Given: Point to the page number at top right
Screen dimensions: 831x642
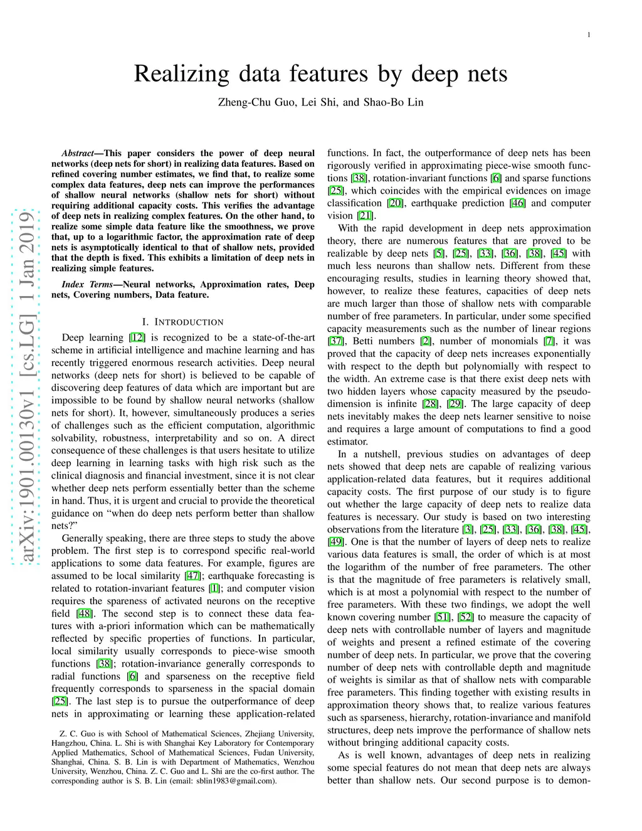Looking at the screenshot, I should click(x=589, y=34).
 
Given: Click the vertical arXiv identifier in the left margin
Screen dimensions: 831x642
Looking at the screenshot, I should click(x=27, y=389).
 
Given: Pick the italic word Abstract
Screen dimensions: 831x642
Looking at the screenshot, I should click(x=78, y=153).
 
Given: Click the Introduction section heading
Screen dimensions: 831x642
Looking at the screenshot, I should click(x=183, y=322).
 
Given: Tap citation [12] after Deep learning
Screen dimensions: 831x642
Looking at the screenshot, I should click(x=137, y=337).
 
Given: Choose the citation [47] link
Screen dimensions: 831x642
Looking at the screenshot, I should click(x=192, y=576).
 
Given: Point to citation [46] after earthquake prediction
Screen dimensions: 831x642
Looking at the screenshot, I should click(x=518, y=203).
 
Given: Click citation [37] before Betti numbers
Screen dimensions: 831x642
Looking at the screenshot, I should click(x=335, y=341).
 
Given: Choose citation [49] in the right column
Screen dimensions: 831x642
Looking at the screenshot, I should click(x=335, y=542).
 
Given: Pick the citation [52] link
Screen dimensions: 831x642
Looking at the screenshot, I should click(x=466, y=617).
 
